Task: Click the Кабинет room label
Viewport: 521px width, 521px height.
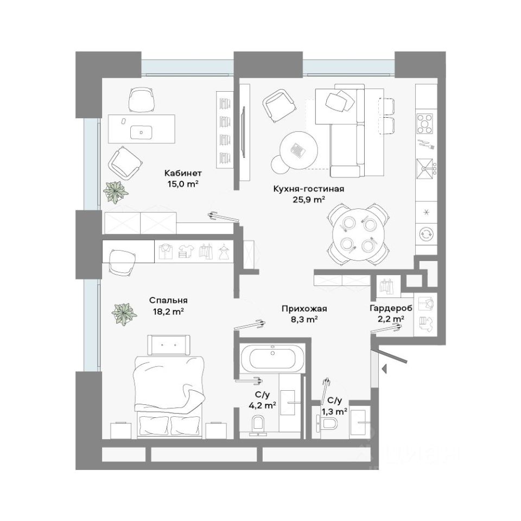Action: [183, 173]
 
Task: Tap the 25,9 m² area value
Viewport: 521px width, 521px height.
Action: [308, 199]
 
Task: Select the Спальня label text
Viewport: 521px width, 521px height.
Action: [168, 300]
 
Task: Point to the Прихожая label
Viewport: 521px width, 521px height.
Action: [304, 309]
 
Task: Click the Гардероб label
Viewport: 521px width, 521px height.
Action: [391, 308]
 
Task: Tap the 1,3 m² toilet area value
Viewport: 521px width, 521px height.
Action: [334, 412]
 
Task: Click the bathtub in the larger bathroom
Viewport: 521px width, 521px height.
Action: [272, 358]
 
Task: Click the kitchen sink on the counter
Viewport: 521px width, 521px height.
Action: [425, 169]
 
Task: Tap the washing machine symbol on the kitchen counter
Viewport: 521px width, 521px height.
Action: [426, 234]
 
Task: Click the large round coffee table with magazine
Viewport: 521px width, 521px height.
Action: [298, 150]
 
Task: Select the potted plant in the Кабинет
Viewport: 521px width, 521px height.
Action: [115, 192]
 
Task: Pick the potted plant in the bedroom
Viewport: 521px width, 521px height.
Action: [124, 314]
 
